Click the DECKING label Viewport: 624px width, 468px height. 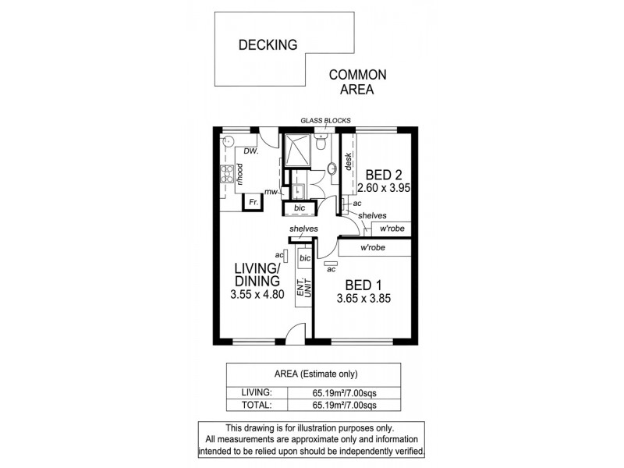268,44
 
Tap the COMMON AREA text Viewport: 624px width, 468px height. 358,82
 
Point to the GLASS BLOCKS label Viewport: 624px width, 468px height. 325,120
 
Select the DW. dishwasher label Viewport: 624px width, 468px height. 250,151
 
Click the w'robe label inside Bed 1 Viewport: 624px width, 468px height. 374,248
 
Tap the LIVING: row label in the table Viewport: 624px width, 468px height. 258,392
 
